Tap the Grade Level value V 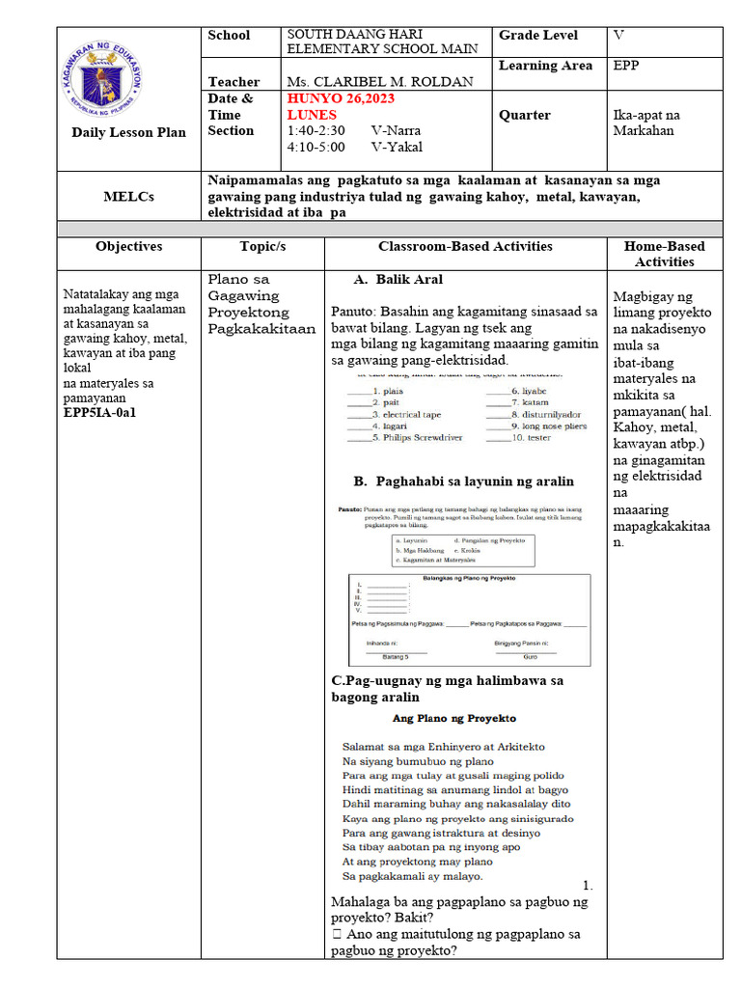tap(618, 36)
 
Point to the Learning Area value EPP tap(625, 67)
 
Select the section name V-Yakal tap(397, 148)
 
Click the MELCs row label tap(129, 197)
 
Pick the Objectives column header tap(128, 247)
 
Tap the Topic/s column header tap(262, 247)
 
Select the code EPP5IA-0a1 tap(100, 412)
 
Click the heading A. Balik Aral tap(398, 280)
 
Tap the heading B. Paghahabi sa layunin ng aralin tap(463, 481)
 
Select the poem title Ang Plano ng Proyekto tap(453, 719)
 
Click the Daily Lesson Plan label tap(128, 132)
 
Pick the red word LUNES tap(311, 115)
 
